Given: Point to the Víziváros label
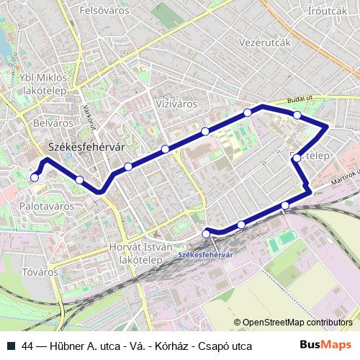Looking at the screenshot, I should (176, 104).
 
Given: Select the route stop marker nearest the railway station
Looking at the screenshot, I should (207, 233).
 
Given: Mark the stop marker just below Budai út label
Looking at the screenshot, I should (297, 115).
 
